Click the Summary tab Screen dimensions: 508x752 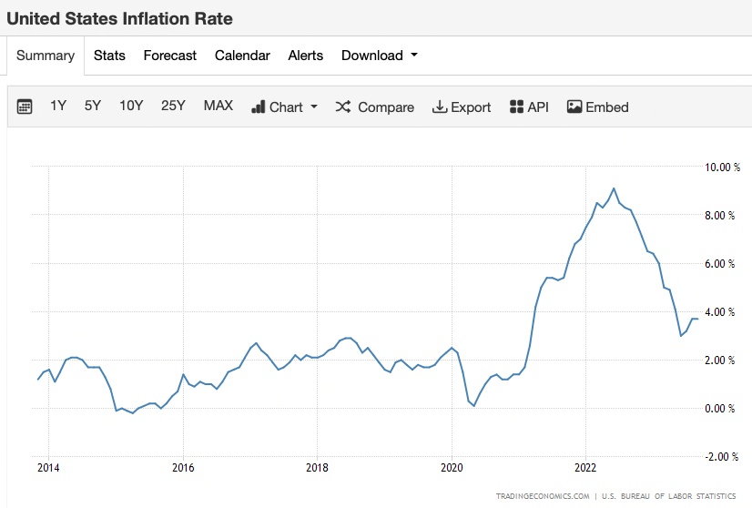coord(45,56)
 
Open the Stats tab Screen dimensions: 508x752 coord(109,56)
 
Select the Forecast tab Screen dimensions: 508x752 coord(169,56)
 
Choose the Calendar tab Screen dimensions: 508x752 coord(242,56)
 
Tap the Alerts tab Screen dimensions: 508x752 coord(305,56)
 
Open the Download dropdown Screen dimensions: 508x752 coord(379,56)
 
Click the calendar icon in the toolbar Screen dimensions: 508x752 coord(25,107)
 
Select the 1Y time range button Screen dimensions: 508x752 coord(58,106)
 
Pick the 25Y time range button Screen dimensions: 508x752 coord(173,106)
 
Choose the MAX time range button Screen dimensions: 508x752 coord(218,106)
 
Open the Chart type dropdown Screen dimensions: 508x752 coord(284,107)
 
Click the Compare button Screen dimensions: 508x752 coord(375,107)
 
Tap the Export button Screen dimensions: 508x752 coord(462,107)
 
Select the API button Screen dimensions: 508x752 coord(529,107)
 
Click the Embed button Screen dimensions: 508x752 coord(598,107)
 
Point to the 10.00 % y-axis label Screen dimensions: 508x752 coord(718,168)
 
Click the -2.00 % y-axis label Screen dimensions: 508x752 coord(718,456)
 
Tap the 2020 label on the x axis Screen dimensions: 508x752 coord(452,468)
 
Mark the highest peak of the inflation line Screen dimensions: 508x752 coord(614,188)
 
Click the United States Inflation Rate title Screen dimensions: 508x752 coord(119,18)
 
